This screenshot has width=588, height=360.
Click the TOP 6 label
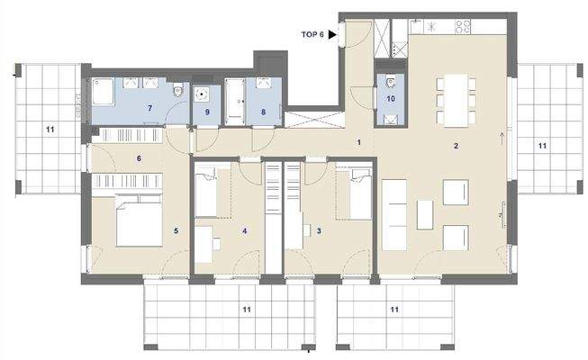[x=313, y=34]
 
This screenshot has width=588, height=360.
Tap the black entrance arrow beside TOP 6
[x=332, y=34]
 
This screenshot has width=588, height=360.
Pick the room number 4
[x=243, y=230]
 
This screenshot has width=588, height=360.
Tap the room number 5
[x=176, y=230]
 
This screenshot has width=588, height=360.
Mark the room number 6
[x=140, y=158]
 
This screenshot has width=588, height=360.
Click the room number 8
[x=263, y=112]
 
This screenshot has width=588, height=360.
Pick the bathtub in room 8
[x=237, y=102]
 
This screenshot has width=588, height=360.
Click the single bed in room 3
[x=354, y=193]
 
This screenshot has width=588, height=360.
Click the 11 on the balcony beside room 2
[x=542, y=144]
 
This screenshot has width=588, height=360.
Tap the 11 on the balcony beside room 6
[x=50, y=130]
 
